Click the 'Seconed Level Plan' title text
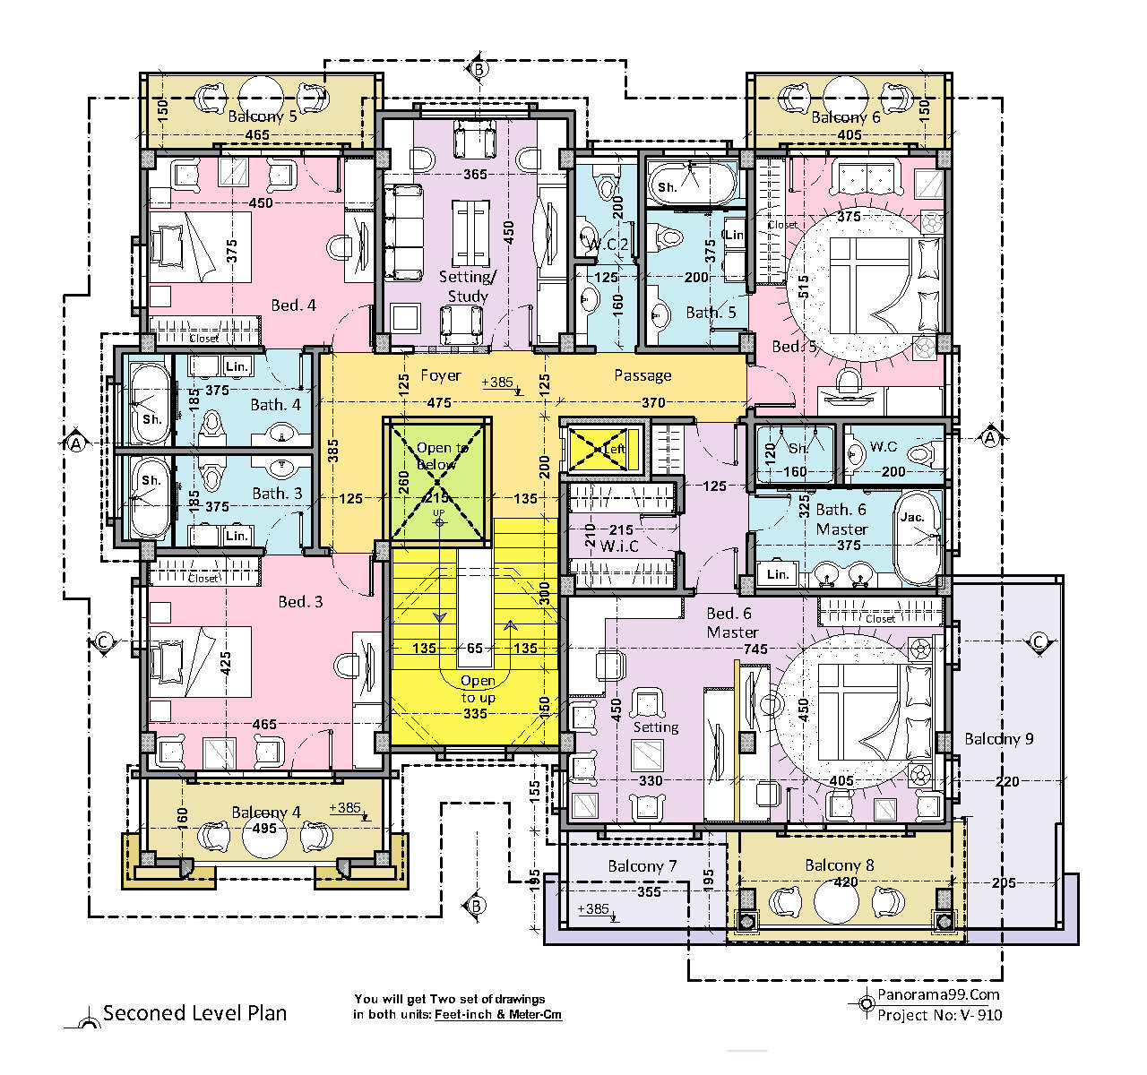click(x=194, y=1013)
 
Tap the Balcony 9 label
click(x=998, y=739)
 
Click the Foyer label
click(x=440, y=375)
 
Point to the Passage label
click(x=642, y=375)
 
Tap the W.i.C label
click(x=620, y=546)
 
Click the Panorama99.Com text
click(x=937, y=994)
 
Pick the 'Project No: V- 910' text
click(x=939, y=1015)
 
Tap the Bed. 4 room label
click(x=293, y=305)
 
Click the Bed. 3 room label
click(x=300, y=601)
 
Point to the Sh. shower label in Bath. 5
click(x=667, y=187)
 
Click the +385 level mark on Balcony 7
click(x=593, y=909)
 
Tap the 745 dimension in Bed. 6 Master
click(x=755, y=649)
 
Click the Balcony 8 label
click(x=839, y=865)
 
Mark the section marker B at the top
click(x=479, y=69)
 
